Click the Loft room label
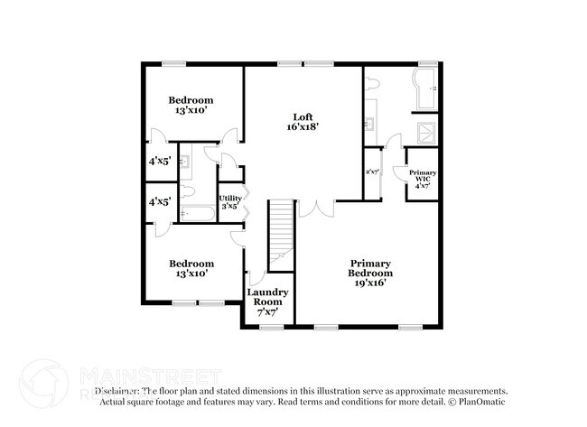pyautogui.click(x=302, y=116)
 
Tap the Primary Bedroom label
pyautogui.click(x=371, y=268)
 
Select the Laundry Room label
pyautogui.click(x=267, y=297)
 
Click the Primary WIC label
pyautogui.click(x=423, y=172)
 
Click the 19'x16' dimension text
pyautogui.click(x=371, y=283)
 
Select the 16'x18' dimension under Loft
pyautogui.click(x=302, y=128)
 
